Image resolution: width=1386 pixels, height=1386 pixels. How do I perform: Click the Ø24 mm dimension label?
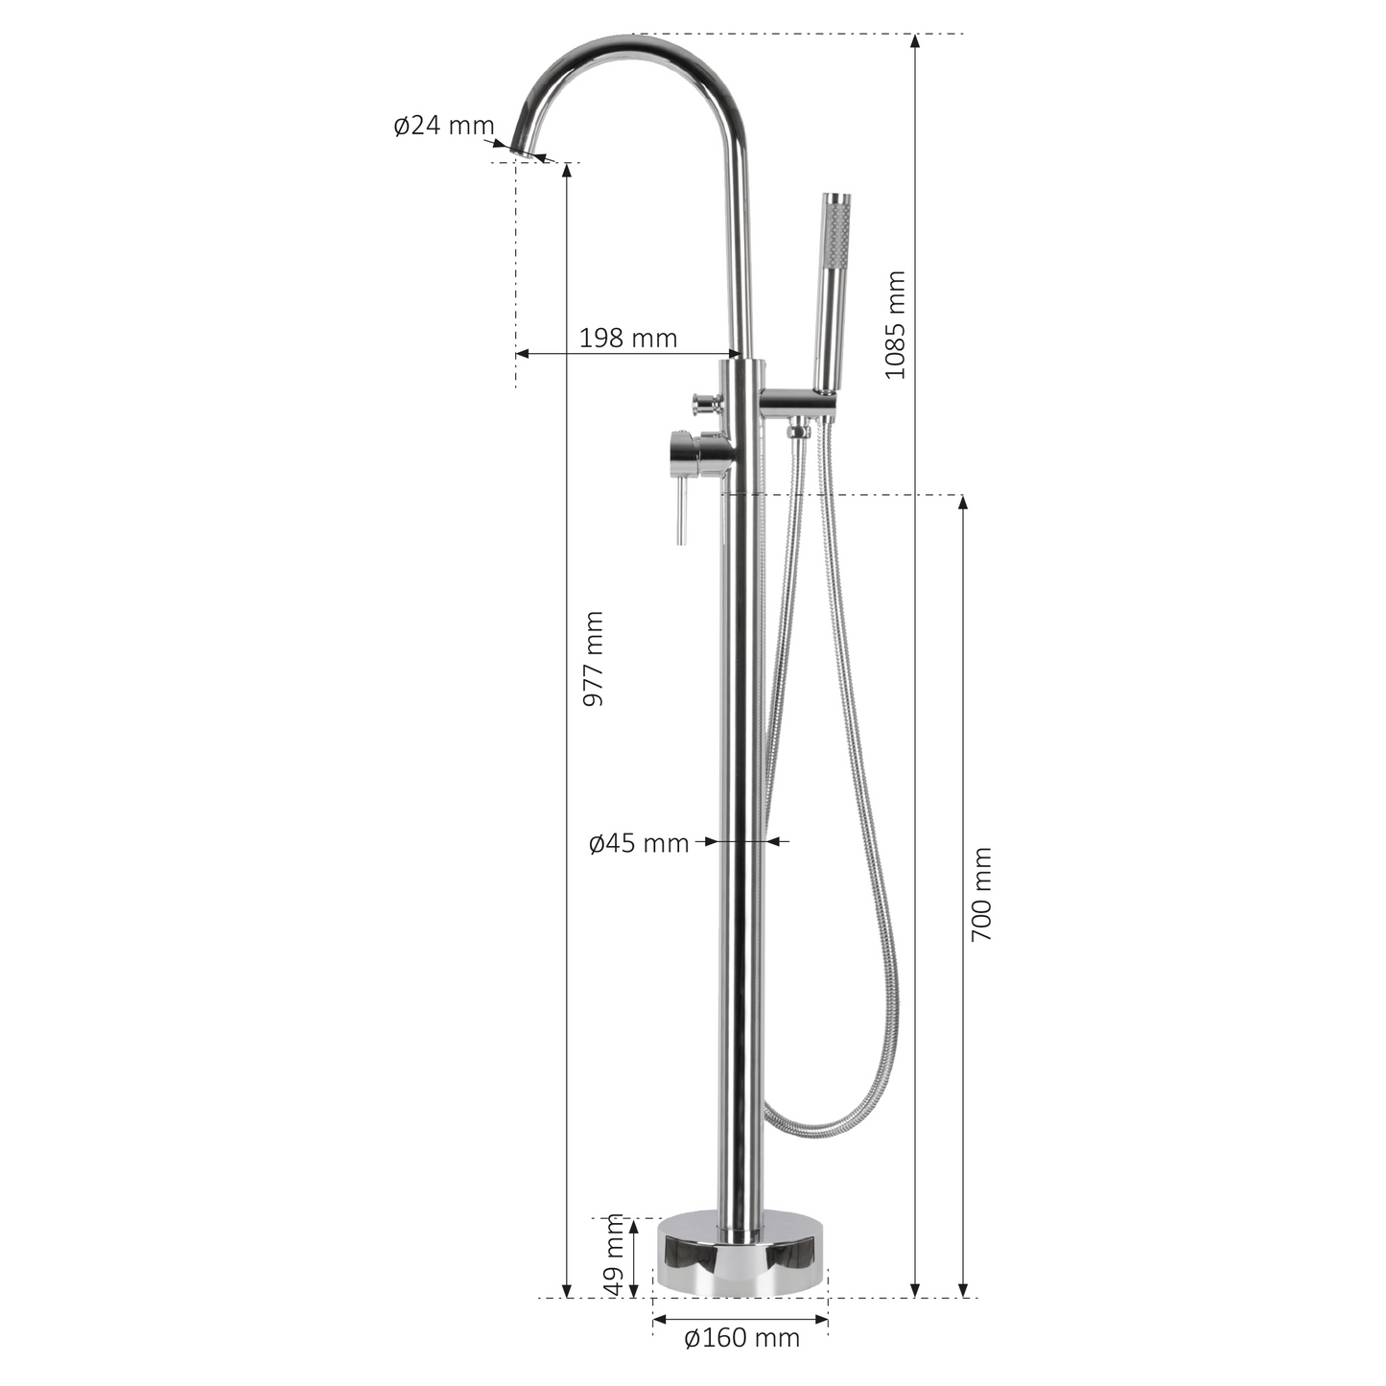coord(444,126)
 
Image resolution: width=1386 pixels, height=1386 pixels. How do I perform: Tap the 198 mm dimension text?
coord(628,338)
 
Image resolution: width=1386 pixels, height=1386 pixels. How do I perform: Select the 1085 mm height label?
coord(895,324)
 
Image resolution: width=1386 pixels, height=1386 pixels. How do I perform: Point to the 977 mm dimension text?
coord(593,658)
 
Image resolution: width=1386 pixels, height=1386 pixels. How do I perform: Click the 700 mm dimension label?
coord(981,894)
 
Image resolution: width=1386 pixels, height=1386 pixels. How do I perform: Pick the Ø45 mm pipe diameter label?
coord(639,843)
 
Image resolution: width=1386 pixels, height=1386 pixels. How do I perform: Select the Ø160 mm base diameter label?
coord(741,1338)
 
